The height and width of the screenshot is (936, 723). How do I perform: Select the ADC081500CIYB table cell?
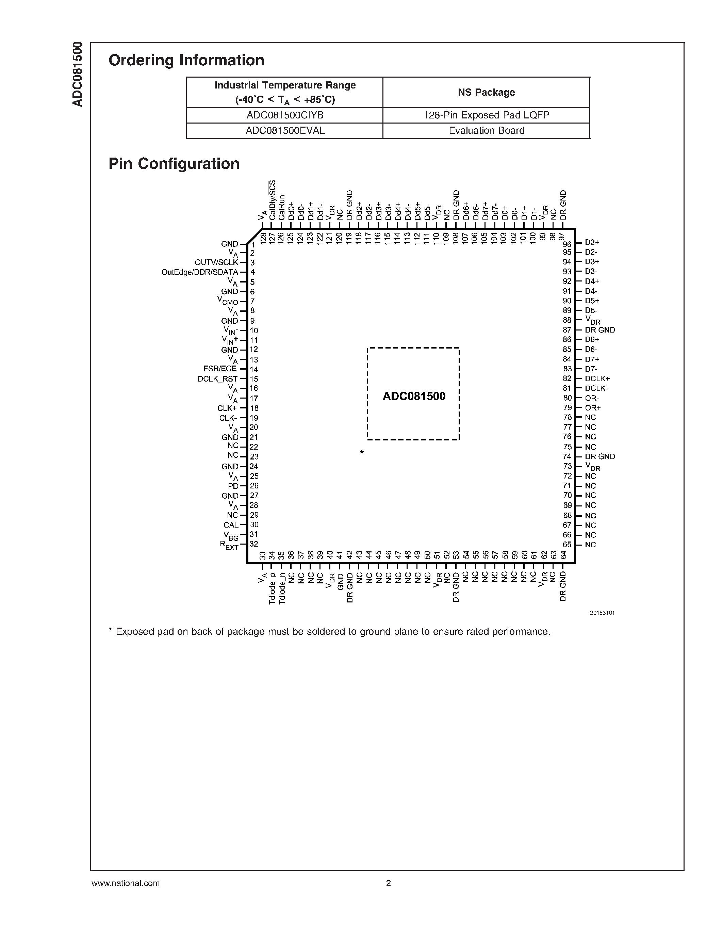(284, 115)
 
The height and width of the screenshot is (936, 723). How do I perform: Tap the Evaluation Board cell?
(486, 131)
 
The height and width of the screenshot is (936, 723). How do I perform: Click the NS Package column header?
(486, 92)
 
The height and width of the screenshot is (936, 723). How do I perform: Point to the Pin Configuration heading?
(174, 164)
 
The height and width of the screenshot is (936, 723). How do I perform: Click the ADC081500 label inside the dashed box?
(414, 396)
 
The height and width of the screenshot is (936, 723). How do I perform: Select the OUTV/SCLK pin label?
(216, 262)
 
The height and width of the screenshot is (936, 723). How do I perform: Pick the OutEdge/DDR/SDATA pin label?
(200, 272)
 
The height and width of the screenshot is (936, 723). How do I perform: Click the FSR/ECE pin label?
(220, 369)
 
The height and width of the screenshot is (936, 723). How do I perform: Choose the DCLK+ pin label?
(597, 378)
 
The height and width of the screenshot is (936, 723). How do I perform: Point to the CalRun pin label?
(281, 208)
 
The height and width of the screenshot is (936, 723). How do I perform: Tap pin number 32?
(254, 544)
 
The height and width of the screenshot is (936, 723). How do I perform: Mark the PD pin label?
(233, 486)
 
